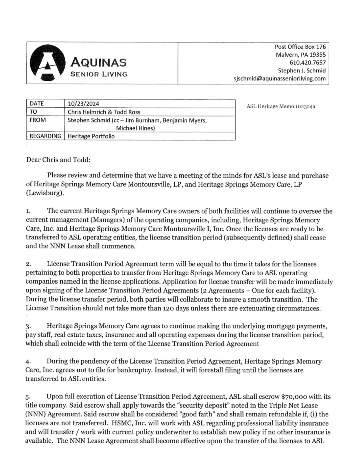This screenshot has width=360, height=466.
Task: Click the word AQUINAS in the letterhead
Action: point(98,62)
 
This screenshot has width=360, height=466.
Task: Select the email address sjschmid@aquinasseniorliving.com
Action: point(280,79)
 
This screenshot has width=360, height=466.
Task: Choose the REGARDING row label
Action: point(46,136)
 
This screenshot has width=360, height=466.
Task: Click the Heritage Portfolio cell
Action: point(91,136)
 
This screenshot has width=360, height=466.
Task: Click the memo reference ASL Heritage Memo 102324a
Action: point(281,106)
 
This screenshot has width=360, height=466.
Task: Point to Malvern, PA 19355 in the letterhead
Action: point(301,55)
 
